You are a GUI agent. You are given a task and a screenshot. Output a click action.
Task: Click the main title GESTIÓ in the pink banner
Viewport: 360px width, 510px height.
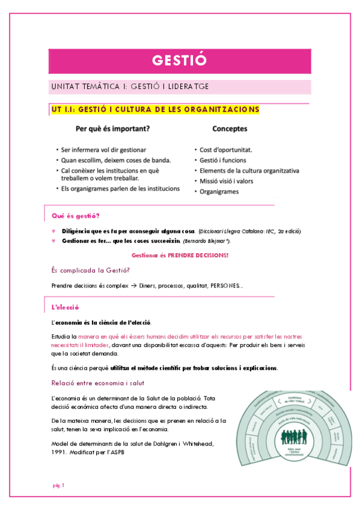pos(180,60)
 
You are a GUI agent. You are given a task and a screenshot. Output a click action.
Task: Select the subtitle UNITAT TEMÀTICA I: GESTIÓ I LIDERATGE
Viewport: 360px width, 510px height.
pos(130,87)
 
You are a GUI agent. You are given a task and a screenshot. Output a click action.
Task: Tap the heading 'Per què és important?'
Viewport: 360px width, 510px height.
pos(112,129)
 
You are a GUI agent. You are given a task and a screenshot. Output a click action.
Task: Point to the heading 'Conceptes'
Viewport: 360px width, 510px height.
pos(230,129)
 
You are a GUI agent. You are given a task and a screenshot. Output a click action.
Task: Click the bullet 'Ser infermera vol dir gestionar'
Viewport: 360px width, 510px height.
pos(103,149)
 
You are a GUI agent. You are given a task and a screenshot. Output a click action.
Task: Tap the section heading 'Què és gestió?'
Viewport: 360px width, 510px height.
pos(76,216)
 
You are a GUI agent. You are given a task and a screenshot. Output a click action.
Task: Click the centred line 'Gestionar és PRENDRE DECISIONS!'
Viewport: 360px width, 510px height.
pos(180,255)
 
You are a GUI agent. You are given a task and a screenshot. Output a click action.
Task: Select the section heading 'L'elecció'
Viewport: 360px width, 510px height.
pos(66,307)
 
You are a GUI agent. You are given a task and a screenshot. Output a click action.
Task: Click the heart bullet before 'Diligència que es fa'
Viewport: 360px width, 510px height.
pos(54,231)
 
